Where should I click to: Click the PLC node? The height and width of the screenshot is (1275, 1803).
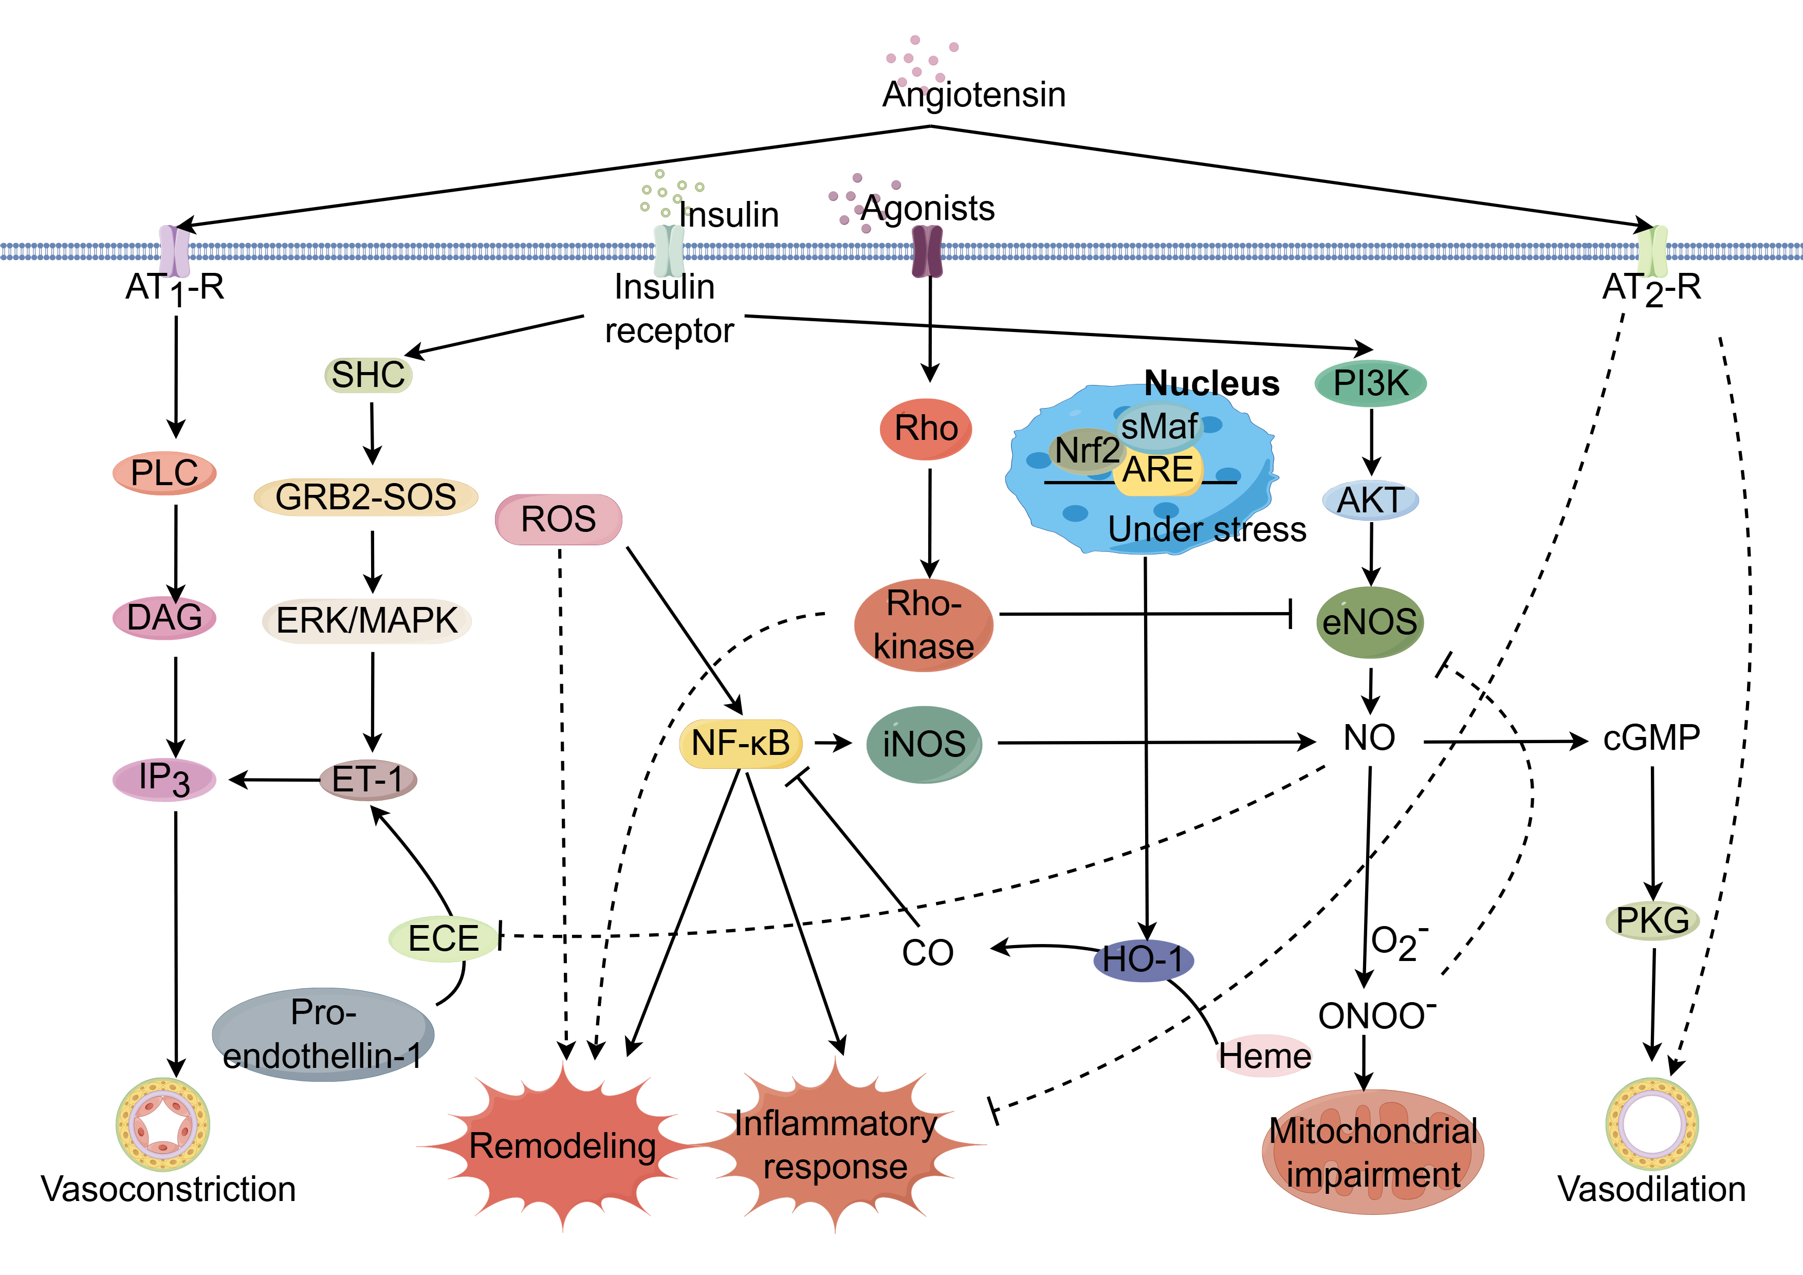(x=164, y=473)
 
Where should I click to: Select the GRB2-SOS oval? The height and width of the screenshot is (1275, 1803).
(x=366, y=497)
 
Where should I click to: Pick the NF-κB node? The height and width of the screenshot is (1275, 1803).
(x=741, y=743)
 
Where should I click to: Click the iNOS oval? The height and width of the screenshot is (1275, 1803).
(x=924, y=744)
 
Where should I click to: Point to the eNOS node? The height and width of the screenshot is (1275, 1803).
(x=1370, y=622)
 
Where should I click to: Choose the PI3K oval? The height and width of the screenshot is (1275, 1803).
(x=1370, y=383)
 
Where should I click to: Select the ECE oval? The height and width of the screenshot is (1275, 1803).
(x=444, y=938)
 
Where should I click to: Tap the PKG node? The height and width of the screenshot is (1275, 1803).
(x=1652, y=920)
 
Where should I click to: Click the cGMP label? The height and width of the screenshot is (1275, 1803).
(x=1651, y=738)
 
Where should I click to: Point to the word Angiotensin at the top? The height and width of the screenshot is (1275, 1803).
(x=974, y=94)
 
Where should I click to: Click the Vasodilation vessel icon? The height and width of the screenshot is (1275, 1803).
(x=1652, y=1124)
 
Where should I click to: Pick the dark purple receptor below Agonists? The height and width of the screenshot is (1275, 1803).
(x=927, y=251)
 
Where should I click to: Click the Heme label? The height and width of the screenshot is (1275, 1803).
(x=1264, y=1056)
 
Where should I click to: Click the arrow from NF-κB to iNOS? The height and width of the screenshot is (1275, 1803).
(x=833, y=743)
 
